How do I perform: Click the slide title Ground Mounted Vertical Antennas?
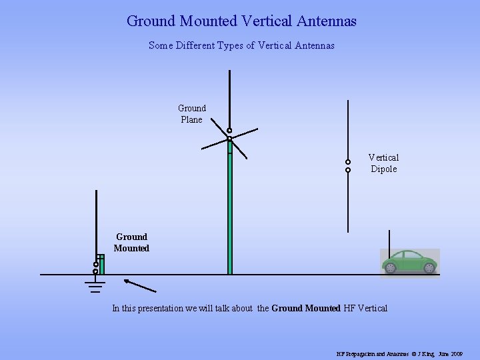[x=241, y=21]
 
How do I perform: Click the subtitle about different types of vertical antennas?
[x=241, y=46]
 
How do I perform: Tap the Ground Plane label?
[x=192, y=114]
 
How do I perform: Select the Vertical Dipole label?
[x=383, y=163]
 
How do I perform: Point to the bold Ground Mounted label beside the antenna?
[x=131, y=243]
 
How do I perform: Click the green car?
[x=409, y=261]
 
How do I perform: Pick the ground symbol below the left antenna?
[x=96, y=285]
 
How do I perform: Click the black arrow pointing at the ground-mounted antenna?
[x=140, y=285]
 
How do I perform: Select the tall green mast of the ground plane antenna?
[x=230, y=213]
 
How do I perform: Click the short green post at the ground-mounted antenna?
[x=102, y=265]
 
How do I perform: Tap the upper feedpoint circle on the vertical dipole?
[x=348, y=162]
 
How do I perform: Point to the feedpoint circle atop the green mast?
[x=229, y=131]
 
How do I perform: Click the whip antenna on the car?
[x=389, y=241]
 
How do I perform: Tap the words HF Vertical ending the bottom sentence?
[x=365, y=308]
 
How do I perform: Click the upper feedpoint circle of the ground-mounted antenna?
[x=96, y=264]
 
